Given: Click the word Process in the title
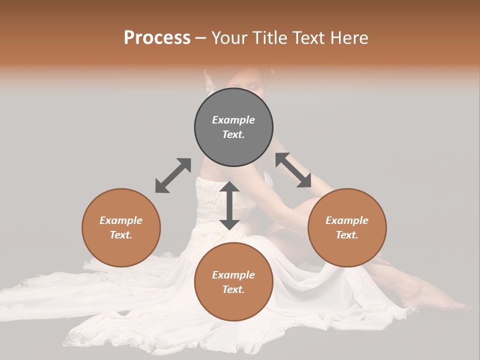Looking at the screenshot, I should tap(157, 38).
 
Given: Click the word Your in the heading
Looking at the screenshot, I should tap(230, 38).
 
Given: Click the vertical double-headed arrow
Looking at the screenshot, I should tap(229, 206).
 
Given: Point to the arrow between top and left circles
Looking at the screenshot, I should tap(173, 175).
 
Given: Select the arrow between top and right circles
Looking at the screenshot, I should tap(293, 170).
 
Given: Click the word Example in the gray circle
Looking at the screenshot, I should tap(233, 120).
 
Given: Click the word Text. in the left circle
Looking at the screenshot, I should tap(121, 235).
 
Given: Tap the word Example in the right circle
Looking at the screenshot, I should tap(347, 220).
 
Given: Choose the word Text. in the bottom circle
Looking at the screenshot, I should tap(233, 289).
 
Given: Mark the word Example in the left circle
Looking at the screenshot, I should tap(121, 220).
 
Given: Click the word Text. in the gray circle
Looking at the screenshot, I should tap(233, 134).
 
